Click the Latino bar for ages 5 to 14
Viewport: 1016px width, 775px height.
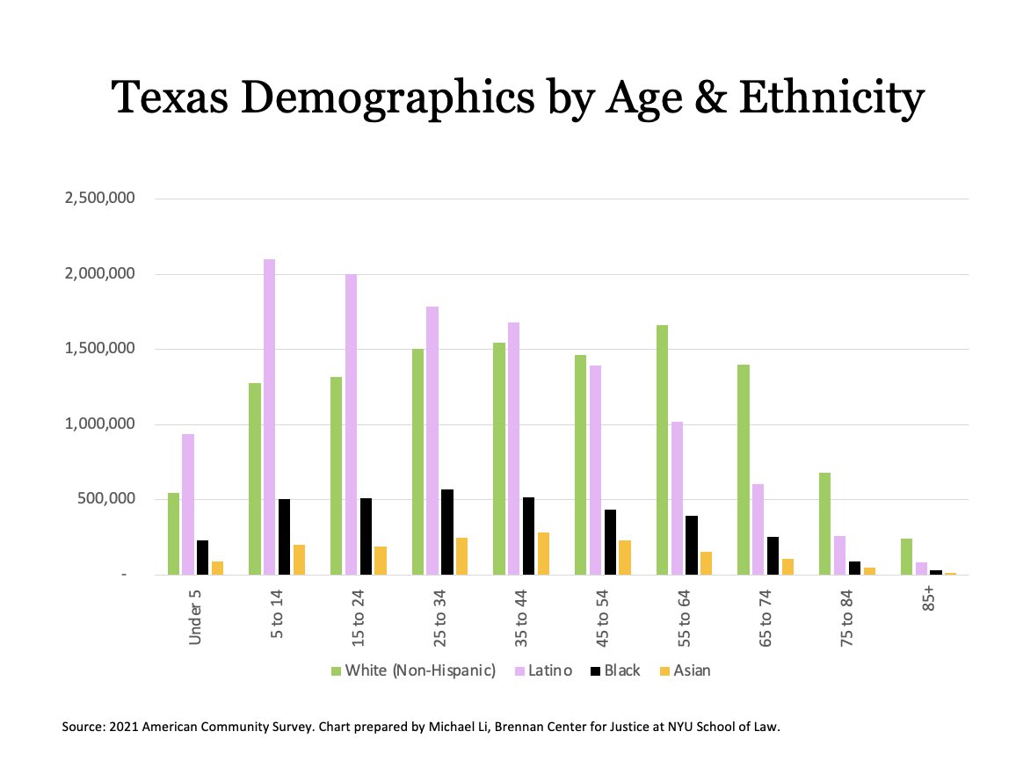(x=269, y=417)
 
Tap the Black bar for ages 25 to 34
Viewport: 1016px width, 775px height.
(x=447, y=532)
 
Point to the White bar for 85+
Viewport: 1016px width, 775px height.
(x=906, y=557)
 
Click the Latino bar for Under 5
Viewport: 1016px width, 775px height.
(x=188, y=504)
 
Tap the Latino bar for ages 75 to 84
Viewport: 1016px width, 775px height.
(x=839, y=555)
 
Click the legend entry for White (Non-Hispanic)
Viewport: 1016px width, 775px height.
(x=413, y=671)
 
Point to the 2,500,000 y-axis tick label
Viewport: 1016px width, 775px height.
(x=99, y=199)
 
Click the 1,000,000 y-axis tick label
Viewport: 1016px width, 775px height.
(x=99, y=424)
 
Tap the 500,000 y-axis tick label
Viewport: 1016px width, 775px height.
(x=105, y=499)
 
